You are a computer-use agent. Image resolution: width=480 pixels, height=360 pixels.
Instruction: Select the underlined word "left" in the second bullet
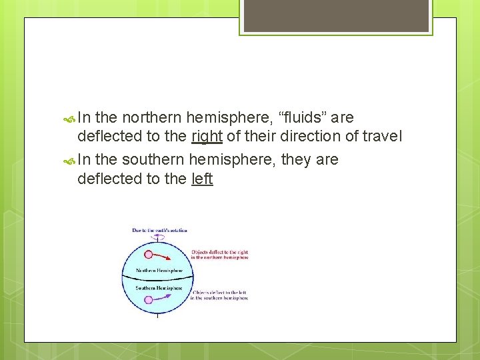[202, 179]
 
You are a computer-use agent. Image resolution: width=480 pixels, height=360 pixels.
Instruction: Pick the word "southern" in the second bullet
[154, 160]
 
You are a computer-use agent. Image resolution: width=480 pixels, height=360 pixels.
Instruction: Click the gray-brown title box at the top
[335, 15]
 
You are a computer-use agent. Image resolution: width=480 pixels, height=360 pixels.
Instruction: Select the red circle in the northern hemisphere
[149, 254]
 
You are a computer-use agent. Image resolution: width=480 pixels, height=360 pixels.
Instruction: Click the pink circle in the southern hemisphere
[149, 300]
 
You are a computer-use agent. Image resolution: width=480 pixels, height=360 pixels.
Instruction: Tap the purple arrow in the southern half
[167, 297]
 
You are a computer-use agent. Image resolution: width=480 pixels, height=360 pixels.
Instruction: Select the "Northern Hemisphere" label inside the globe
[158, 271]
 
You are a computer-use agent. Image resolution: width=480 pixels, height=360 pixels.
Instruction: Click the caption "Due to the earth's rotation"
[159, 230]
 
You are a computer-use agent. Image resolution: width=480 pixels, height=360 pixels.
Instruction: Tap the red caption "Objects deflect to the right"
[219, 255]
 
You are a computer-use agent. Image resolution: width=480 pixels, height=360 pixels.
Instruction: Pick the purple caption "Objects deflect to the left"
[219, 295]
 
